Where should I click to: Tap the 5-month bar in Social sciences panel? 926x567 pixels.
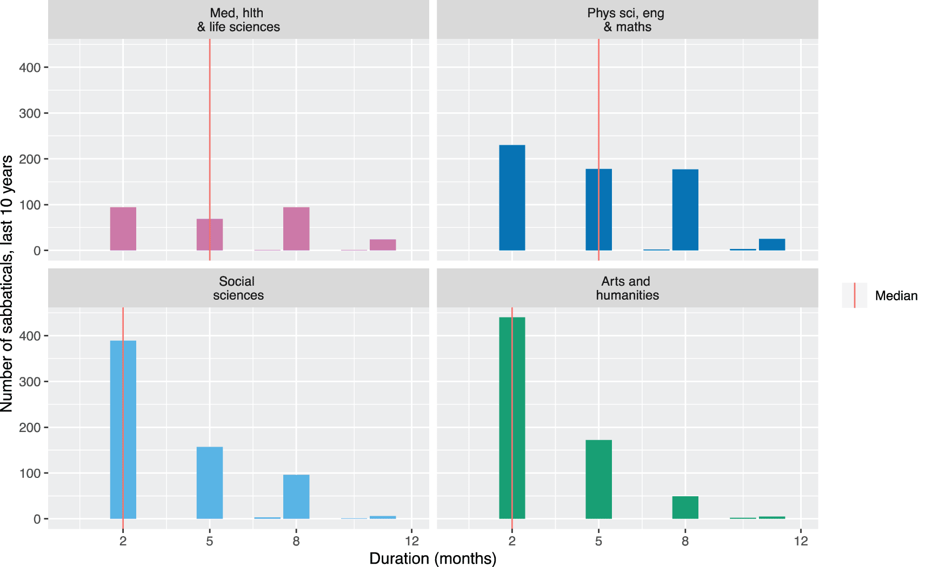click(209, 482)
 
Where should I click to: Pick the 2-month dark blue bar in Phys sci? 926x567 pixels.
click(511, 198)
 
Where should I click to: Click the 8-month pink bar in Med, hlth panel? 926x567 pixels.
click(296, 228)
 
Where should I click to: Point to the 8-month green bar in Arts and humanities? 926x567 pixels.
click(685, 507)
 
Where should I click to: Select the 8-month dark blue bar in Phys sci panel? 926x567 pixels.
click(685, 210)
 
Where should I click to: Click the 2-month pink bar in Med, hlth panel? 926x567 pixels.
click(123, 228)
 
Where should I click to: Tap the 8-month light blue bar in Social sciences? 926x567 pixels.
click(296, 496)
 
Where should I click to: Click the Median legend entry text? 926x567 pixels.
click(896, 295)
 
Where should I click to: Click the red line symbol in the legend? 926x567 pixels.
click(854, 295)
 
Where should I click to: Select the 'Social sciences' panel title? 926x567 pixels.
click(238, 288)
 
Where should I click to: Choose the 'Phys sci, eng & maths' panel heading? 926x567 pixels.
click(627, 20)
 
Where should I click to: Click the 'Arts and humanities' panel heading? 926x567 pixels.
click(627, 288)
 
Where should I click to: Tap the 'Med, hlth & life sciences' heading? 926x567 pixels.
click(238, 20)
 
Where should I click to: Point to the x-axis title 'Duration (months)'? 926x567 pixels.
click(432, 558)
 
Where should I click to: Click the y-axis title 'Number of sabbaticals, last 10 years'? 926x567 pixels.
click(7, 283)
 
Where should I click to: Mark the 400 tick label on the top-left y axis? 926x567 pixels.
click(30, 67)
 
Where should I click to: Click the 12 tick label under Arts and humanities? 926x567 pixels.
click(801, 541)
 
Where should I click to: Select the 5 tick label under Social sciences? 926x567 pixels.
click(209, 541)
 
